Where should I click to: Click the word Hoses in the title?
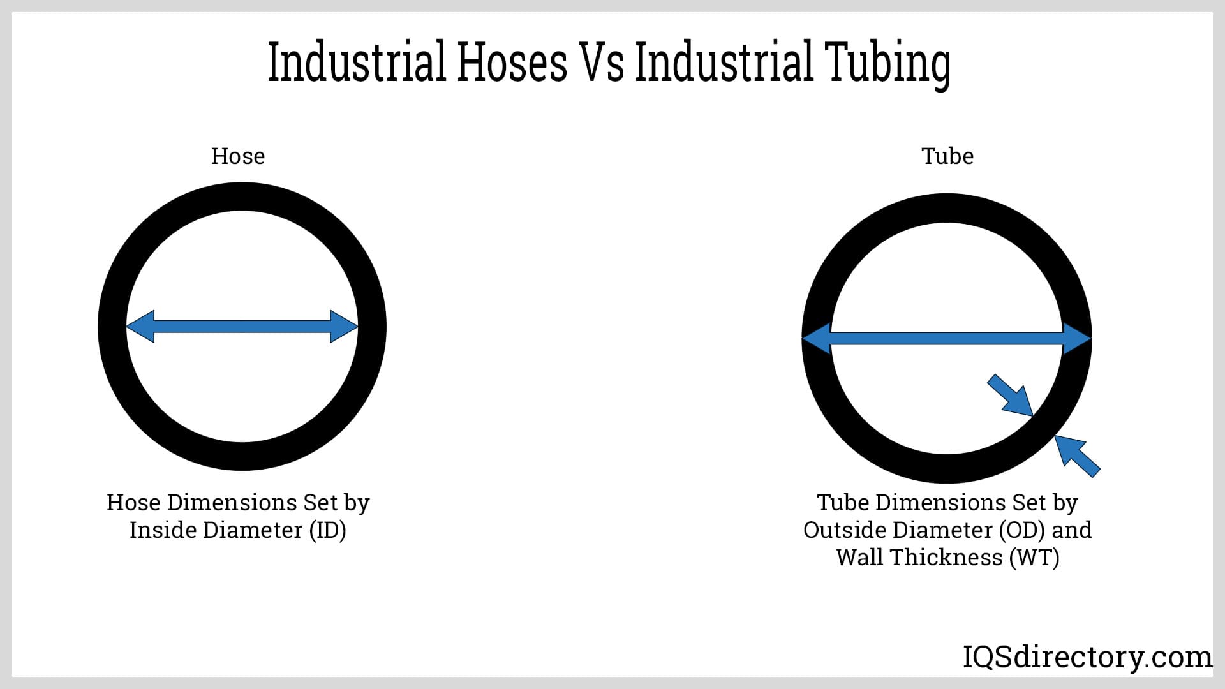click(x=512, y=62)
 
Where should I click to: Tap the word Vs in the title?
click(x=601, y=62)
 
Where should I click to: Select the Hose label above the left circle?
click(x=238, y=156)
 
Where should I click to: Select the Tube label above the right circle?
click(x=947, y=156)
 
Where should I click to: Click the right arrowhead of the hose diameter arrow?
click(x=344, y=327)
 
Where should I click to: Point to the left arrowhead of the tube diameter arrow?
click(x=817, y=338)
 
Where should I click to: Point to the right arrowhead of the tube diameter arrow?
click(x=1077, y=338)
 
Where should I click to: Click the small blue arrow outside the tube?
click(x=1078, y=456)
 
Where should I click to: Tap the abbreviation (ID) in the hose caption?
click(x=327, y=530)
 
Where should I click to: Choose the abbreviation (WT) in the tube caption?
click(x=1034, y=558)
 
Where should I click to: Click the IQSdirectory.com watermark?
click(x=1087, y=657)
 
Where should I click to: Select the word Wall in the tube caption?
click(x=861, y=558)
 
